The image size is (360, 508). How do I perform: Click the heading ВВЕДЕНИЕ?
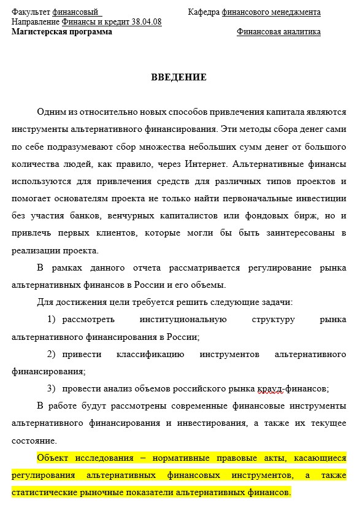pyautogui.click(x=179, y=77)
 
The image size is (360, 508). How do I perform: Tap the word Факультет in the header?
pyautogui.click(x=31, y=12)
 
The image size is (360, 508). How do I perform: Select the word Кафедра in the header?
pyautogui.click(x=204, y=12)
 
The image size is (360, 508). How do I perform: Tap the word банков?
pyautogui.click(x=123, y=216)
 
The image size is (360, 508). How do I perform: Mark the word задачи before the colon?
pyautogui.click(x=276, y=302)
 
